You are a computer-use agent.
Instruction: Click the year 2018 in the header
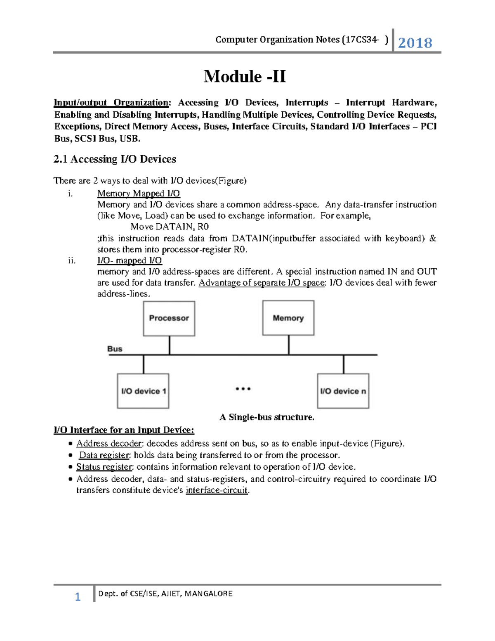pyautogui.click(x=415, y=43)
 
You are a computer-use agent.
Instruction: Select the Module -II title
pyautogui.click(x=245, y=76)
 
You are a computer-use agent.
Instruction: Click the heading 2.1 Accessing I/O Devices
pyautogui.click(x=115, y=159)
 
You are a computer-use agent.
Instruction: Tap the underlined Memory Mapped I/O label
pyautogui.click(x=139, y=194)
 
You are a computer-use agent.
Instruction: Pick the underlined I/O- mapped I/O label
pyautogui.click(x=130, y=260)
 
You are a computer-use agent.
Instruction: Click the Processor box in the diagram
pyautogui.click(x=169, y=318)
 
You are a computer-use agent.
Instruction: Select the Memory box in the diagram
pyautogui.click(x=288, y=318)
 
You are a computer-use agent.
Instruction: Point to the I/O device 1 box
pyautogui.click(x=143, y=391)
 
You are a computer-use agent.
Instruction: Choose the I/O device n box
pyautogui.click(x=343, y=391)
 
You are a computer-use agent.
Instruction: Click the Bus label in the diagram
pyautogui.click(x=115, y=349)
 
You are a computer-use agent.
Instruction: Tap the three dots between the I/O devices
pyautogui.click(x=243, y=389)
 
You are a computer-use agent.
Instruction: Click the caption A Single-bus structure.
pyautogui.click(x=267, y=417)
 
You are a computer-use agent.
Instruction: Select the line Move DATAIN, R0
pyautogui.click(x=170, y=227)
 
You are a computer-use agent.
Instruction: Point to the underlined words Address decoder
pyautogui.click(x=109, y=444)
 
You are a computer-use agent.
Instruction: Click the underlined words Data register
pyautogui.click(x=104, y=455)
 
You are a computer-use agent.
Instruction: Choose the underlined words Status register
pyautogui.click(x=104, y=467)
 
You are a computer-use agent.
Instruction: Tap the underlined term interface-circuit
pyautogui.click(x=217, y=490)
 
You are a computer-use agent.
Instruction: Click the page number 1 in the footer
pyautogui.click(x=78, y=597)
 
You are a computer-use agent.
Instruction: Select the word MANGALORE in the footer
pyautogui.click(x=209, y=594)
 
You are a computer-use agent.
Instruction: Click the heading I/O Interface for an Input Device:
pyautogui.click(x=124, y=430)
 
